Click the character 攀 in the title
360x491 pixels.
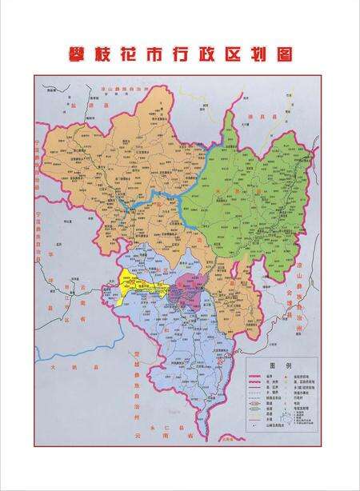78,54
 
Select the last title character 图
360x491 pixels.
280,54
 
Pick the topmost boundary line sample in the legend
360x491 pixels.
255,373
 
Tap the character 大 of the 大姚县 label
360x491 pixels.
50,367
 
